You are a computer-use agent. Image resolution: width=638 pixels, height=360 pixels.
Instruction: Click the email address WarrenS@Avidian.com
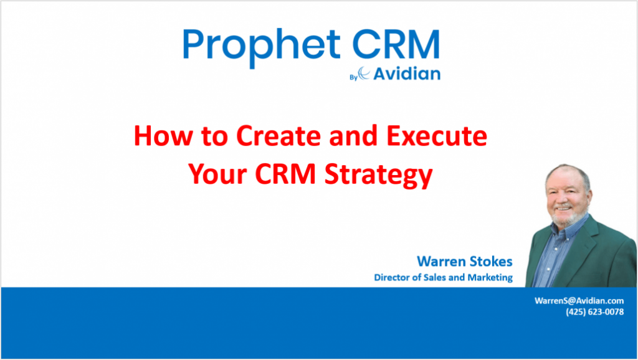click(579, 300)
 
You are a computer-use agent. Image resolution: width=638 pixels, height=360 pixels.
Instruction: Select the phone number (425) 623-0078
click(594, 312)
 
